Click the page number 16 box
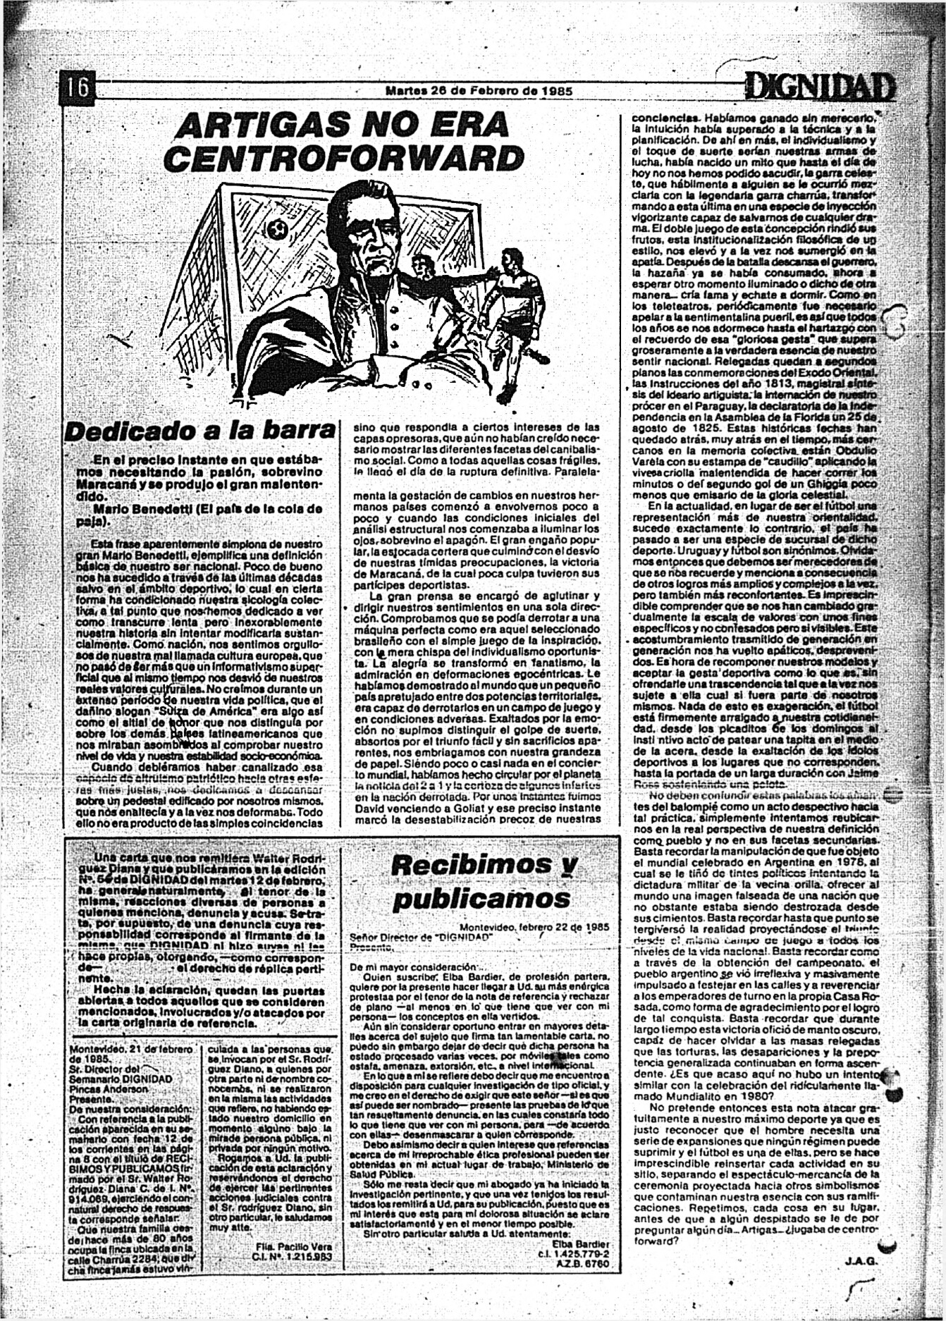click(77, 87)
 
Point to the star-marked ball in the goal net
click(276, 229)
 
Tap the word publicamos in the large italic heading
click(481, 899)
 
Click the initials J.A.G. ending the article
click(859, 1261)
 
